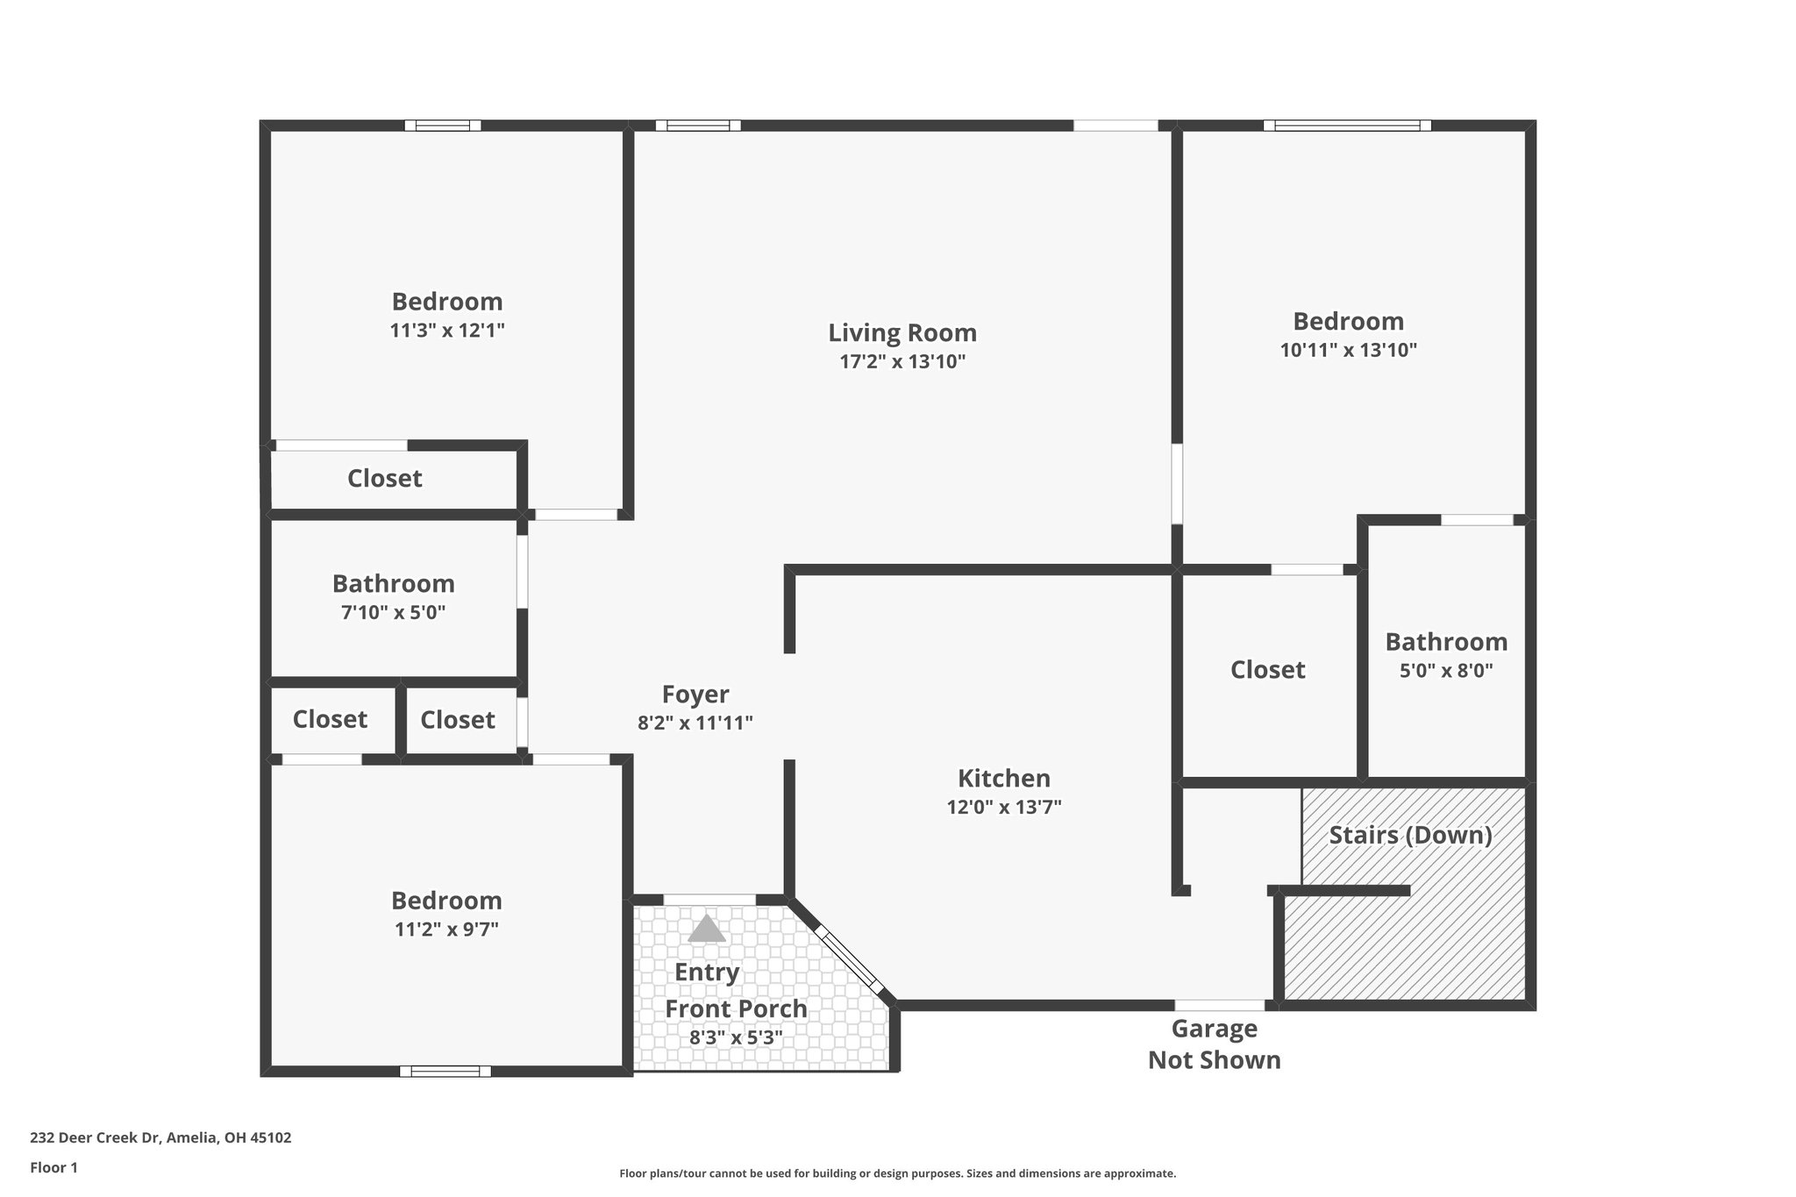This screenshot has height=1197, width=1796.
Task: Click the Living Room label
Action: pyautogui.click(x=902, y=333)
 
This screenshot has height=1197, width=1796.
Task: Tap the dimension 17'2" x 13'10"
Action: pyautogui.click(x=902, y=362)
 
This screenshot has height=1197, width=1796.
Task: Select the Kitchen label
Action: pyautogui.click(x=1003, y=779)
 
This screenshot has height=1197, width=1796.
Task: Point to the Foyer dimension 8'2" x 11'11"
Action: pyautogui.click(x=695, y=723)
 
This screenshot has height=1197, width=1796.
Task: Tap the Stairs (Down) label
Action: pyautogui.click(x=1410, y=835)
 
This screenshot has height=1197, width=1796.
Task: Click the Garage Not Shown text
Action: pyautogui.click(x=1215, y=1044)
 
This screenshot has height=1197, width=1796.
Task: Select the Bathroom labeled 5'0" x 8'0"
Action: pyautogui.click(x=1446, y=642)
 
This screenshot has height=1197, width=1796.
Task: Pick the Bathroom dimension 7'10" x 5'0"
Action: pyautogui.click(x=393, y=613)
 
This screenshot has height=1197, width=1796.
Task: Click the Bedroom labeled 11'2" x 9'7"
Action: pyautogui.click(x=446, y=901)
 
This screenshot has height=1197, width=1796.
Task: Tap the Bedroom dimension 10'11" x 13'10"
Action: pyautogui.click(x=1348, y=350)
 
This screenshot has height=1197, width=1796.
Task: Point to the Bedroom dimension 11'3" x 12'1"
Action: pyautogui.click(x=447, y=331)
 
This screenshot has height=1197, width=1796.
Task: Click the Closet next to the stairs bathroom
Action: pyautogui.click(x=1267, y=670)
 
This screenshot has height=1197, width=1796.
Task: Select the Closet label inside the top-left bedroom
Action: pyautogui.click(x=384, y=479)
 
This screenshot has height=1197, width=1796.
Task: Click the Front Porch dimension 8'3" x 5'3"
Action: pyautogui.click(x=736, y=1038)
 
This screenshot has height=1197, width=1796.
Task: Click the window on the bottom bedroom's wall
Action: pyautogui.click(x=445, y=1071)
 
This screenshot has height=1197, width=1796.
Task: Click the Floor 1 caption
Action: pyautogui.click(x=53, y=1167)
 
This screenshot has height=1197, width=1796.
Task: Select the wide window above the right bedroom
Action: pyautogui.click(x=1347, y=125)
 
